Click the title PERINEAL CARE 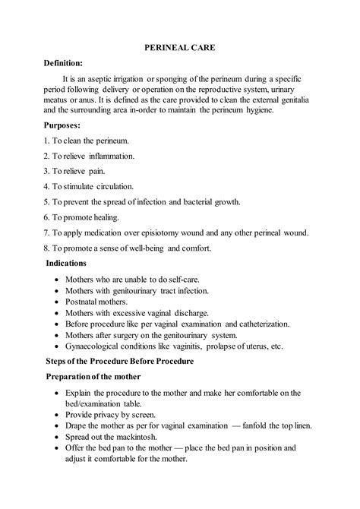[180, 48]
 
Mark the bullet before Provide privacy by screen [58, 415]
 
